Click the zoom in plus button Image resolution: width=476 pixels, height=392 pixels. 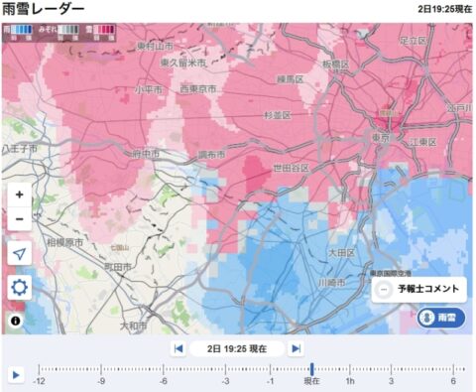[20, 195]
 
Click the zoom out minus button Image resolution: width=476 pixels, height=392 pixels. [20, 216]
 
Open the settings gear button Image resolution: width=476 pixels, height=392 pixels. [20, 288]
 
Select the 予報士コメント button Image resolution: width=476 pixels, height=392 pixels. [417, 289]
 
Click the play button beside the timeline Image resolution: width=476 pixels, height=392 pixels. [16, 375]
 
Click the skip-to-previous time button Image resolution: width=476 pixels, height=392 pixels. [178, 348]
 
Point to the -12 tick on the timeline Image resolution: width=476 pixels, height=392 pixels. [40, 381]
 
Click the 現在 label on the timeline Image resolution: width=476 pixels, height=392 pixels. [311, 381]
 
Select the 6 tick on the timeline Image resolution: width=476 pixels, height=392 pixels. [453, 381]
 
